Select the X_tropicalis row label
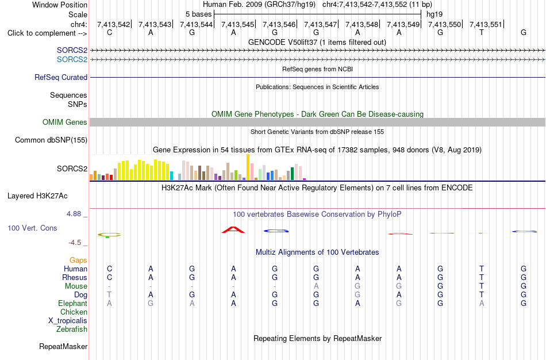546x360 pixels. click(x=68, y=321)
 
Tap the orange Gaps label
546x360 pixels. click(x=78, y=261)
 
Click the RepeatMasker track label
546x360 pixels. click(x=63, y=346)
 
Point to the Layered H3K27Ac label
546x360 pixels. click(x=37, y=196)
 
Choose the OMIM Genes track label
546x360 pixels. click(x=65, y=122)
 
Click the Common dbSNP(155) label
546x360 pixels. click(x=51, y=140)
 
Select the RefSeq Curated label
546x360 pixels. click(x=61, y=78)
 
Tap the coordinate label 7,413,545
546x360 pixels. click(x=238, y=24)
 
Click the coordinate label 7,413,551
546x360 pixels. click(x=486, y=24)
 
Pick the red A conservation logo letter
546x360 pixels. click(x=233, y=230)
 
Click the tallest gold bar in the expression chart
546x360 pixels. click(x=248, y=167)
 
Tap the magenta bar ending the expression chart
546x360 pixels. click(x=305, y=179)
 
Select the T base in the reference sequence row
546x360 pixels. click(x=482, y=33)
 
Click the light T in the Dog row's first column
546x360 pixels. click(x=109, y=295)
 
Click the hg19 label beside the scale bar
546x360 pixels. click(x=435, y=14)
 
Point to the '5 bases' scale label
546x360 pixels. click(x=198, y=14)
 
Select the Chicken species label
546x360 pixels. click(x=74, y=312)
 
